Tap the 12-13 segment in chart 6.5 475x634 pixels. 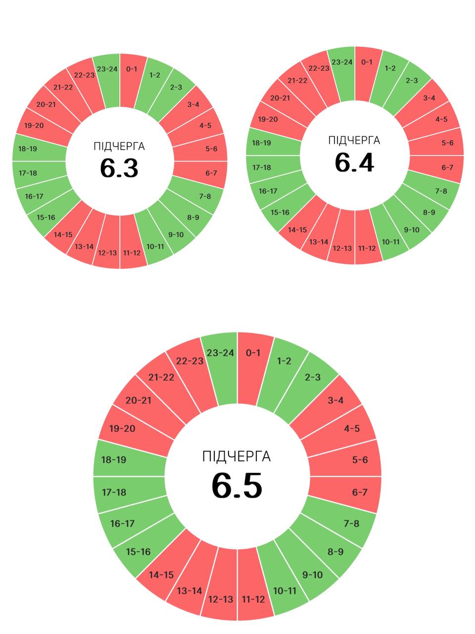(x=221, y=594)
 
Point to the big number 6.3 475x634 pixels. (x=119, y=168)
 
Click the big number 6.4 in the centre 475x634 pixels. (x=354, y=162)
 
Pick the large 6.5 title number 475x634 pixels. (x=237, y=485)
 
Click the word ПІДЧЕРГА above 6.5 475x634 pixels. (x=237, y=456)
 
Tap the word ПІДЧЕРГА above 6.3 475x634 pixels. (x=119, y=147)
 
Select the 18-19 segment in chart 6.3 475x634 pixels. (x=35, y=149)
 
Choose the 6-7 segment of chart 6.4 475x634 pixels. (x=440, y=167)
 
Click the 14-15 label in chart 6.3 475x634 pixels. (x=63, y=235)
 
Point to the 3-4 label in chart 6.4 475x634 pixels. (x=429, y=98)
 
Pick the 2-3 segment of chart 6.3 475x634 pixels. (x=176, y=87)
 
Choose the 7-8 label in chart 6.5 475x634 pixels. (x=351, y=523)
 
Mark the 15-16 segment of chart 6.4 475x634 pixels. (x=280, y=212)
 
